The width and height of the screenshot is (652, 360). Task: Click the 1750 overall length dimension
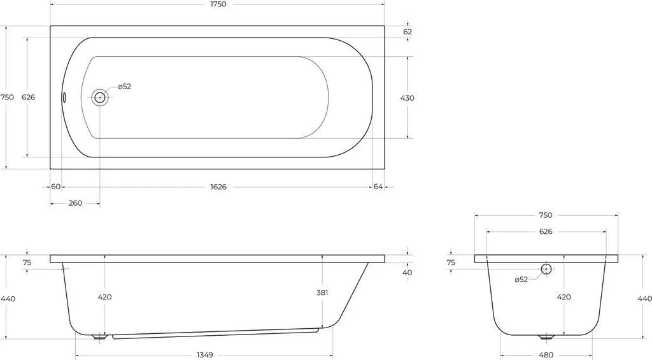(218, 4)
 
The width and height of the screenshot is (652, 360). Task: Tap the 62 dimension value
(407, 32)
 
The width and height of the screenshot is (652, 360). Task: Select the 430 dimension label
(407, 97)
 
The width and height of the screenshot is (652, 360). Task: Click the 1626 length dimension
(218, 187)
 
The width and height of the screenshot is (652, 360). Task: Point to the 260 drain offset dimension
(75, 203)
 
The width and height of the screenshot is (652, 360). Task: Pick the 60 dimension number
(56, 187)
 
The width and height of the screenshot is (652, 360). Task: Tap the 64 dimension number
(378, 187)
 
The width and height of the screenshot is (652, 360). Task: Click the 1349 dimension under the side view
(204, 355)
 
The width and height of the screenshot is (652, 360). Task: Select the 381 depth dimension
(322, 292)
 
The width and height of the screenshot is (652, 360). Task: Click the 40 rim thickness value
(407, 273)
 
